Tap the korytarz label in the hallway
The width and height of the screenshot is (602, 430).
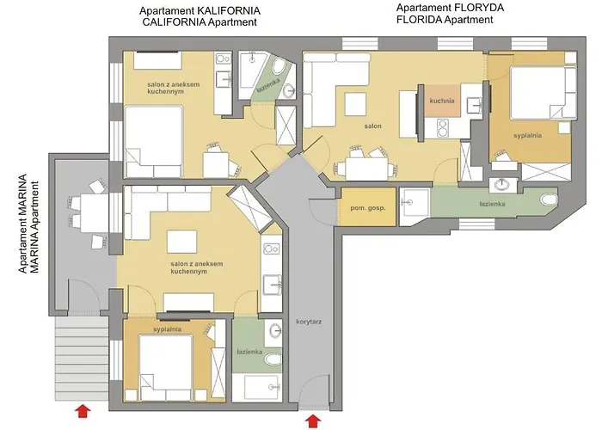pos(307,320)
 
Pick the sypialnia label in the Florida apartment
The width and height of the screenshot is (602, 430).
pos(529,135)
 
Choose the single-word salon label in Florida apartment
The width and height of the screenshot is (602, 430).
pos(372,126)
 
